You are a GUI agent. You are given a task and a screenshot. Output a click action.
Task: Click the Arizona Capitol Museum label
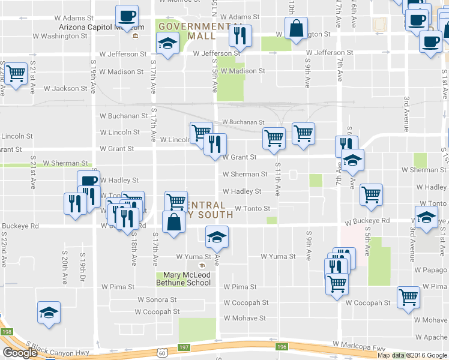point(102,27)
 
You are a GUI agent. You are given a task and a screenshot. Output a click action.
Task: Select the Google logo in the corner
point(20,353)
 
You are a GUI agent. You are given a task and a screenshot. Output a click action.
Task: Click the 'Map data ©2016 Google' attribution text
point(412,355)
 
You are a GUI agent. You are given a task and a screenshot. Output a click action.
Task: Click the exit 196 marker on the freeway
point(281,346)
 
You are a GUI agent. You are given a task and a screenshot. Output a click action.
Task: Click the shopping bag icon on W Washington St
point(297,28)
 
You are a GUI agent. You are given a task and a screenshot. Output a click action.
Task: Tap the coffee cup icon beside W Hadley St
point(88,181)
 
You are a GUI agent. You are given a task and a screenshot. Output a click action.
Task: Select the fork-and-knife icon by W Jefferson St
point(240,36)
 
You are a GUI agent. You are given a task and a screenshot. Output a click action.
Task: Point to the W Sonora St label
point(157,299)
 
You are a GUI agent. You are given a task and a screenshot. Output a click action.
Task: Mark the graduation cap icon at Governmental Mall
point(167,43)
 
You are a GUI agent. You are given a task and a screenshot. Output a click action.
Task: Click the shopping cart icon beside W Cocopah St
point(409,296)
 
